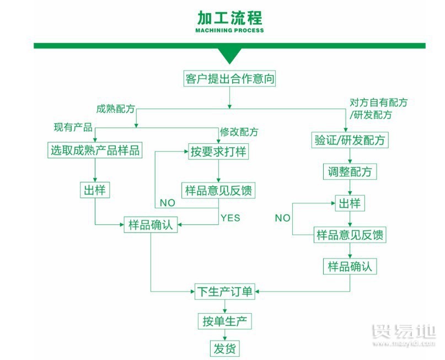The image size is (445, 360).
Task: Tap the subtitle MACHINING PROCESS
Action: [229, 30]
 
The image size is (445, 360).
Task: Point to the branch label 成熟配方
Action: [115, 109]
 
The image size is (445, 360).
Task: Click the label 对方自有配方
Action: [379, 103]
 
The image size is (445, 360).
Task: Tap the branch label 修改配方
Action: [239, 132]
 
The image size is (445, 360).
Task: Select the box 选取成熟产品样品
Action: [95, 151]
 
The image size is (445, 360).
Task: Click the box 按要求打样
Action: [218, 151]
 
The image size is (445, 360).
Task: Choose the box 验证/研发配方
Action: [349, 141]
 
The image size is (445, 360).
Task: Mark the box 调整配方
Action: [349, 172]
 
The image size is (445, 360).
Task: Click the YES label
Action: [230, 218]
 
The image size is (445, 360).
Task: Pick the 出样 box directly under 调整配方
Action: [349, 203]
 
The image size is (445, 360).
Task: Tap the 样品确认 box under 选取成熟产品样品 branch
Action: [151, 225]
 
